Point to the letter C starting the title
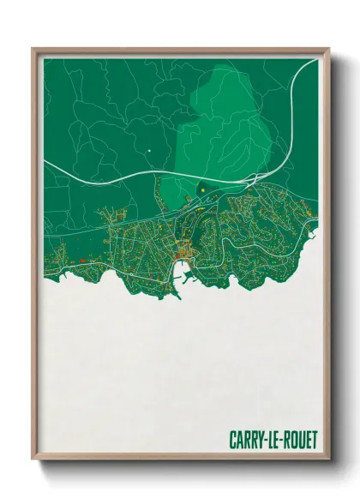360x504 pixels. pos(232,440)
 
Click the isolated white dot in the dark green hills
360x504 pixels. pos(148,152)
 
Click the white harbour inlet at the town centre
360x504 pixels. pos(183,274)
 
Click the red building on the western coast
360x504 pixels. pos(75,260)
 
